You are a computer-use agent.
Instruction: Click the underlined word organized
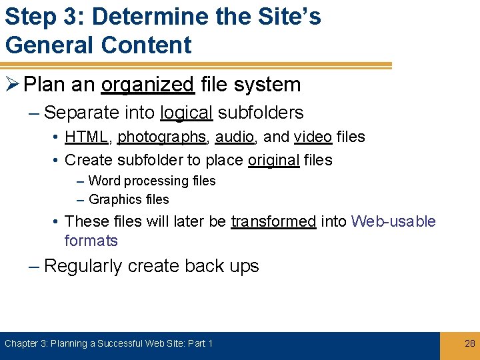[x=147, y=85]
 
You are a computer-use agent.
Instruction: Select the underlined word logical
[x=187, y=113]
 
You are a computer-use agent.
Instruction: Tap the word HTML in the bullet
[x=87, y=137]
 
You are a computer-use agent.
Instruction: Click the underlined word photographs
[x=162, y=137]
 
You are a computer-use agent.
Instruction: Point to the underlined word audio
[x=234, y=137]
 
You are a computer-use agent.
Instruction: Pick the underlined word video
[x=313, y=137]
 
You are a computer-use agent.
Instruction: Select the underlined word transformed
[x=273, y=221]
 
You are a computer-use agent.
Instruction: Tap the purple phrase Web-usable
[x=393, y=221]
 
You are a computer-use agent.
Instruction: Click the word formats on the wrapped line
[x=91, y=241]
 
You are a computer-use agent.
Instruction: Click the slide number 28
[x=469, y=343]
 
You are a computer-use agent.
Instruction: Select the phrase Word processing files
[x=152, y=181]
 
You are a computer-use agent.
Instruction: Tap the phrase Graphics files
[x=129, y=199]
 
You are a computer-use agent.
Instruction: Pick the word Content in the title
[x=146, y=45]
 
